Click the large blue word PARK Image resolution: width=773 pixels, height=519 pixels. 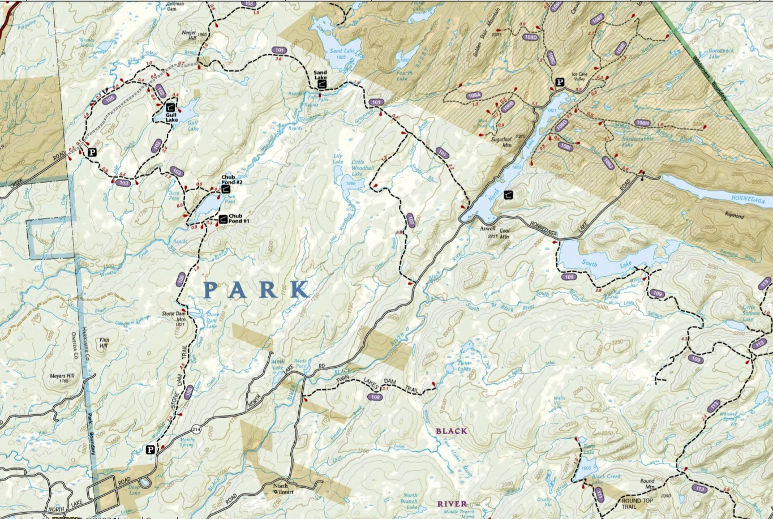tap(256, 290)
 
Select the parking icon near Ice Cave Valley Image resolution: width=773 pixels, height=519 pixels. tap(559, 83)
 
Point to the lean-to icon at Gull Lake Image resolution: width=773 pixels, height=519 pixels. tap(170, 106)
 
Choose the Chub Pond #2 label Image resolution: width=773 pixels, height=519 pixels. tap(231, 179)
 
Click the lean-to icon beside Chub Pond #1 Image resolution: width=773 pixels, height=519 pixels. tap(223, 218)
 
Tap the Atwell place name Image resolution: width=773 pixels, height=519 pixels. tap(487, 229)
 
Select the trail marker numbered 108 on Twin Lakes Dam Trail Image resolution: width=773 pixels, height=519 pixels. tap(375, 397)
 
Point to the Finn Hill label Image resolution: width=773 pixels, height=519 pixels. tap(104, 344)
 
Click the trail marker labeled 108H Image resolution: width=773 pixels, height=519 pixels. tap(642, 123)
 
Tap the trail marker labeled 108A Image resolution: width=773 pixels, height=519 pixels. tap(474, 96)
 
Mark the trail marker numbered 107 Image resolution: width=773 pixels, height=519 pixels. tap(411, 221)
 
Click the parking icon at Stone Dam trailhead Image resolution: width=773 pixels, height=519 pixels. tap(150, 450)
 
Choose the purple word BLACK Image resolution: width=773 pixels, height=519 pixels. tap(451, 431)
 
